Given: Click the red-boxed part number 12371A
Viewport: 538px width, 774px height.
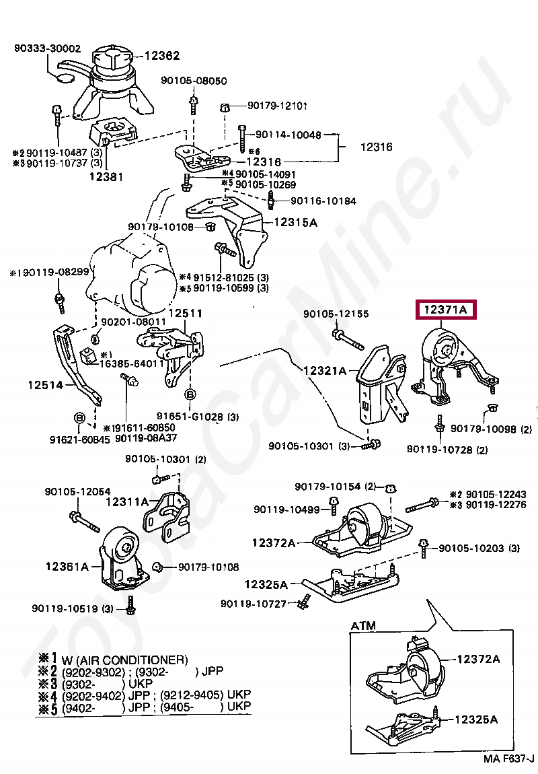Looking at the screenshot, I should pyautogui.click(x=445, y=310).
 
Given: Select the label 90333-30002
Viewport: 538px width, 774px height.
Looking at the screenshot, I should pyautogui.click(x=47, y=48).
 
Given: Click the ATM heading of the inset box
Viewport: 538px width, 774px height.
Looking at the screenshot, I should pyautogui.click(x=363, y=626).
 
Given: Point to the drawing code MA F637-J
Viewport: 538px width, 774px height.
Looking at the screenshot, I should pyautogui.click(x=508, y=759).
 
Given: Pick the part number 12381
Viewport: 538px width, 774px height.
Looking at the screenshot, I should pyautogui.click(x=107, y=176).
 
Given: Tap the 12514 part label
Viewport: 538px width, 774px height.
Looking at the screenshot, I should pyautogui.click(x=45, y=386).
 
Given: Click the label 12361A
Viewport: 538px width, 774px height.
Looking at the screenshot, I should pyautogui.click(x=67, y=567).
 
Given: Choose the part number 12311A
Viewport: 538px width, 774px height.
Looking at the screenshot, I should pyautogui.click(x=127, y=501).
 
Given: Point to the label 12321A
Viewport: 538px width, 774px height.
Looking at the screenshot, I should pyautogui.click(x=325, y=371).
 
